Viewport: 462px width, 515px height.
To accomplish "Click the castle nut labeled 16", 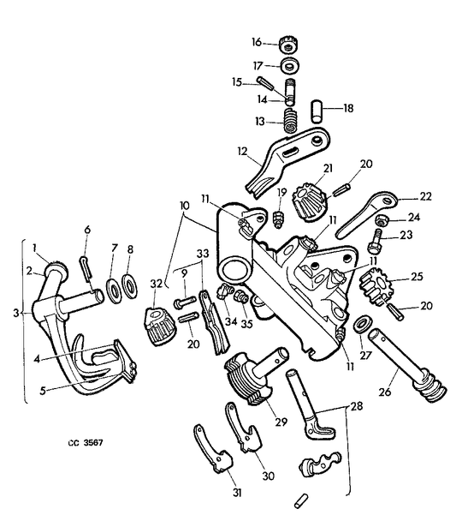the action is click(x=289, y=45).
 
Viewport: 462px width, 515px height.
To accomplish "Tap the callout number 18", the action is click(x=348, y=108).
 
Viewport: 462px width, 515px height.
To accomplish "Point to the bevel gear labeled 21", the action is click(x=309, y=201).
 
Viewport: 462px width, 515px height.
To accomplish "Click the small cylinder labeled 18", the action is click(x=317, y=111).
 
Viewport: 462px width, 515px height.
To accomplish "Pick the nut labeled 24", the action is click(x=382, y=220).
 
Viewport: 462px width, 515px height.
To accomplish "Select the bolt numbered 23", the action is click(x=375, y=243).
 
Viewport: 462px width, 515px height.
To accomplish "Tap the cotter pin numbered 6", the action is click(x=85, y=267).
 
